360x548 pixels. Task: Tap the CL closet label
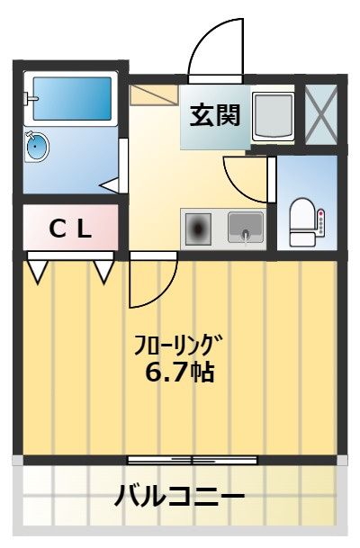click(69, 229)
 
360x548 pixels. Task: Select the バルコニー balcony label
click(180, 496)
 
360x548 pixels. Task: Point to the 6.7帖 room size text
click(179, 372)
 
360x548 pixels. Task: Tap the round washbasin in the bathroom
click(37, 146)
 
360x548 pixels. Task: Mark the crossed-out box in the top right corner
click(320, 114)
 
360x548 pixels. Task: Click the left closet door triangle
click(38, 270)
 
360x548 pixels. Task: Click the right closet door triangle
click(103, 270)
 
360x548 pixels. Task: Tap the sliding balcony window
click(193, 460)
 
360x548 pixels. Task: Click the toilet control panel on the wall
click(320, 223)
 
